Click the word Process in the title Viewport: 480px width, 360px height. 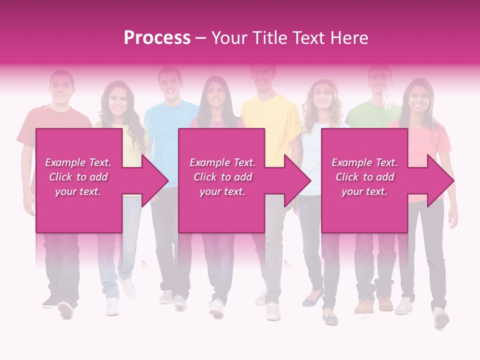tap(157, 38)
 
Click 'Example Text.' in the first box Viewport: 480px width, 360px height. tap(78, 162)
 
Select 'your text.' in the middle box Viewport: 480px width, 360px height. tap(222, 191)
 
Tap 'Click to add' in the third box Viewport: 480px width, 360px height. tap(364, 177)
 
